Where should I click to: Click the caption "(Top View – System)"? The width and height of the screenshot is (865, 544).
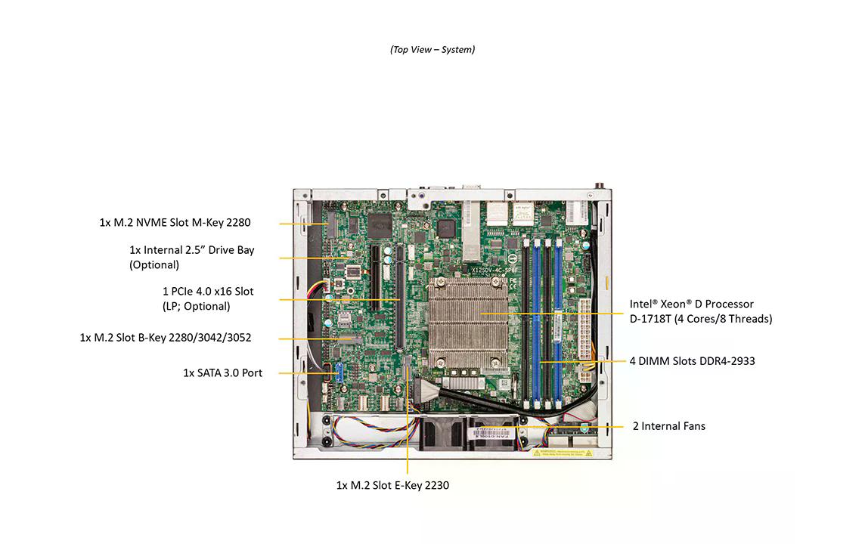pos(432,50)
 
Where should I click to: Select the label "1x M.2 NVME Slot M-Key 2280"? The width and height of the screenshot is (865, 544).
pos(175,223)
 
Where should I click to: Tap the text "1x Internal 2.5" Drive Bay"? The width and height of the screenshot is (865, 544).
pos(192,250)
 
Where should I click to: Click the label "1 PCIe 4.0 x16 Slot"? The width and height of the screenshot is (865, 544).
pos(208,292)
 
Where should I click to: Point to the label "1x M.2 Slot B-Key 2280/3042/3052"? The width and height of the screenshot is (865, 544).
pos(166,338)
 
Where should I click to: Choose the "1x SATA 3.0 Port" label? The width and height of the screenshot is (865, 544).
pos(222,372)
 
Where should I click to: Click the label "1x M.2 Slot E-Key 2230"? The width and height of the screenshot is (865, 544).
pos(392,485)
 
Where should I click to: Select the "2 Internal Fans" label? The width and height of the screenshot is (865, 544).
pos(668,426)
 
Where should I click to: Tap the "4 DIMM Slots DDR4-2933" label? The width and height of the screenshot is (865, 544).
pos(692,361)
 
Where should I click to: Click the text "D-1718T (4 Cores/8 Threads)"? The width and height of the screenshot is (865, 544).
pos(701,319)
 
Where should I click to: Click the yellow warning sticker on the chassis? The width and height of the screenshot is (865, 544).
pos(563,453)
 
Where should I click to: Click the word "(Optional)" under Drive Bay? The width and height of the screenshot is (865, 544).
pos(154,265)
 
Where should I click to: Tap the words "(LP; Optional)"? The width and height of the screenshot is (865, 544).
pos(196,307)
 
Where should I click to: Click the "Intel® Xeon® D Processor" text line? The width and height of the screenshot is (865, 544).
pos(691,304)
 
